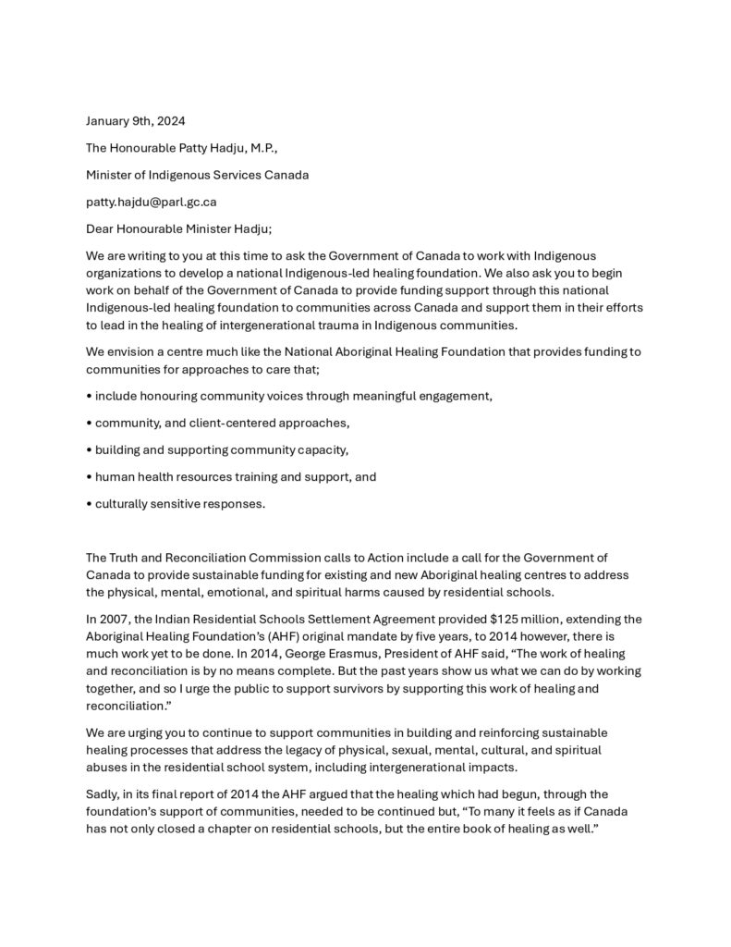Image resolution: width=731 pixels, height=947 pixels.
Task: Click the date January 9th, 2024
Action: point(136,121)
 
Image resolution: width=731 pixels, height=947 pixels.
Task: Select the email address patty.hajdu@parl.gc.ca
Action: point(151,202)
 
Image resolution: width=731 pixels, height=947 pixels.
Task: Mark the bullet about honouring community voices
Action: point(289,396)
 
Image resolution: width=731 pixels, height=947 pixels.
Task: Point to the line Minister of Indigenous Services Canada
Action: point(197,175)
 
